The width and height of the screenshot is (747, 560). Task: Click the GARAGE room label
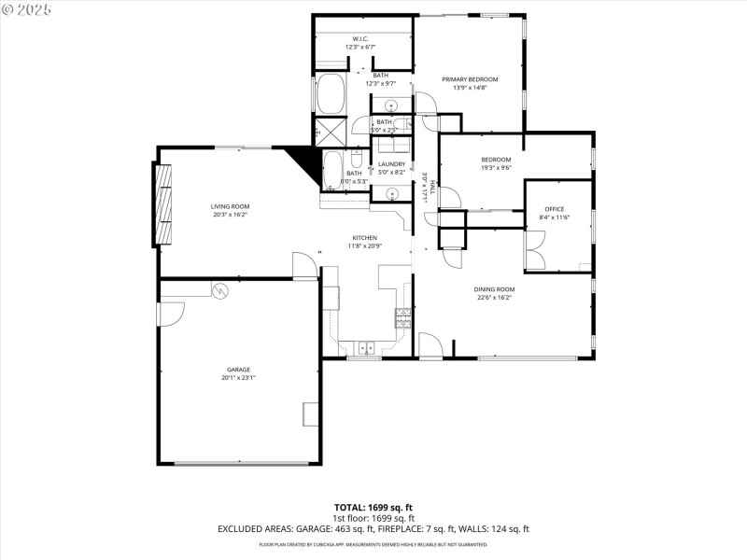pos(238,370)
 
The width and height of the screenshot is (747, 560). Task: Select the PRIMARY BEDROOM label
pos(470,79)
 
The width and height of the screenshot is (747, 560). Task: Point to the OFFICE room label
pos(555,208)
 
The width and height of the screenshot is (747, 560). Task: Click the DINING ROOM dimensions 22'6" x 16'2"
pos(496,299)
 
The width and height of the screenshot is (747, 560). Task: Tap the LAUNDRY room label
pos(391,164)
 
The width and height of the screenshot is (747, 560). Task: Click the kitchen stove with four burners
pos(403,318)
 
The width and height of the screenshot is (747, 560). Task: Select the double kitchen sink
pos(365,348)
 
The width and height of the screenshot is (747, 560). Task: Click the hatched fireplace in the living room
pos(163,204)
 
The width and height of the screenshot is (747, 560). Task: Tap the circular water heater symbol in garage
pos(221,290)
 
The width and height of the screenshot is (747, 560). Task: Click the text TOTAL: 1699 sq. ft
pos(373,507)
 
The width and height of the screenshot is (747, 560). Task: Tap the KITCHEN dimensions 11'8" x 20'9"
pos(365,246)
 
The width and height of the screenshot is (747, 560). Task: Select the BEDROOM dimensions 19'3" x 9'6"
pos(496,168)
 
